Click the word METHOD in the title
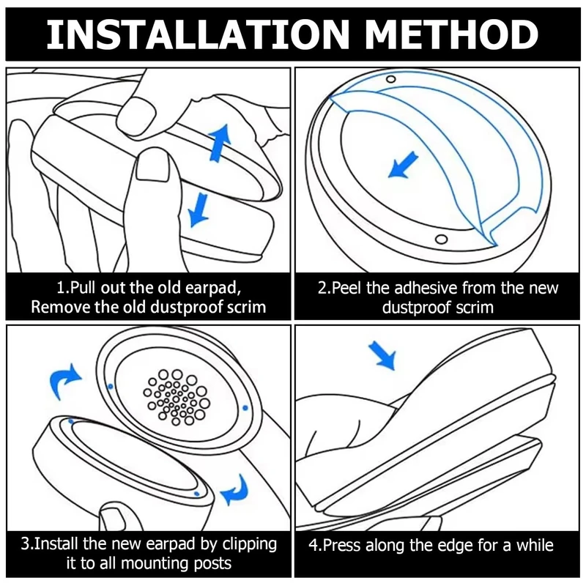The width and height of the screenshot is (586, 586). pos(453,34)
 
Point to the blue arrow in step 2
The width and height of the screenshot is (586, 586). pos(405,164)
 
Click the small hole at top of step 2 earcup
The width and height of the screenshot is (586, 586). pos(390,78)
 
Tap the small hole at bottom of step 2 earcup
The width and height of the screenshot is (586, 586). pos(439,240)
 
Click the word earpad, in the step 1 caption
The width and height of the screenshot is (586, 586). pos(231,286)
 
